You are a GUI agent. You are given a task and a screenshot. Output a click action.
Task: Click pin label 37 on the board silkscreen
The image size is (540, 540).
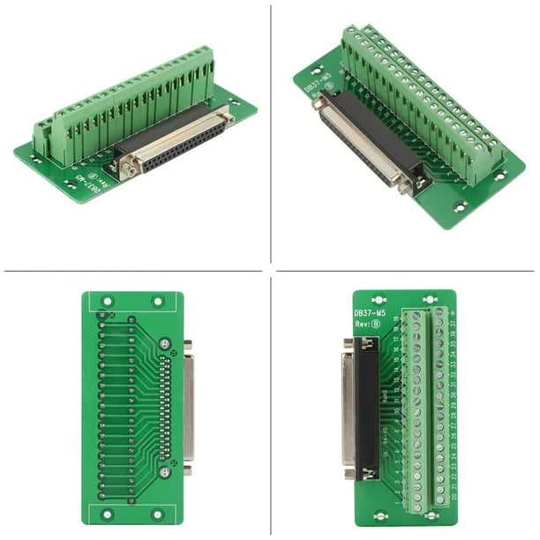coord(451,323)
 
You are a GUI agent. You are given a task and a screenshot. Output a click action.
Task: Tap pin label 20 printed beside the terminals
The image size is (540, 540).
coord(452,498)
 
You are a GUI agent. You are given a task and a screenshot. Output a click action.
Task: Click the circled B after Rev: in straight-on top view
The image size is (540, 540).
coord(376,324)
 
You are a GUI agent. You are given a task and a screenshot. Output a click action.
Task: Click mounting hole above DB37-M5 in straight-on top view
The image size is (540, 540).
coord(379,299)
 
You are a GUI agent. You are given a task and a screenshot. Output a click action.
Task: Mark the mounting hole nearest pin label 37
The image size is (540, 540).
coord(430,300)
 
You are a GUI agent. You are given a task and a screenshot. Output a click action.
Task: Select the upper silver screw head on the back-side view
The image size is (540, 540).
coord(164,342)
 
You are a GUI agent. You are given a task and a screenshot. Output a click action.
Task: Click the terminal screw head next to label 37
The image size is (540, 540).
coord(439,323)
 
